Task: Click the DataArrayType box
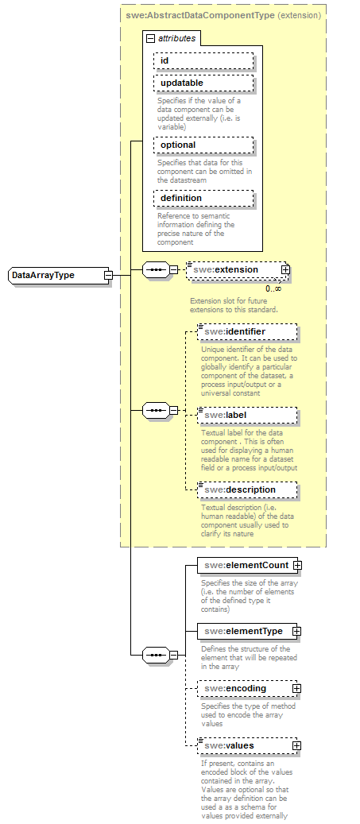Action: (56, 275)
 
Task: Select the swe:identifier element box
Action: (246, 331)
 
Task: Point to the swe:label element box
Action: (246, 415)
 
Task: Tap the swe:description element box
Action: (246, 489)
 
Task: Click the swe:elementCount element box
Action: (245, 565)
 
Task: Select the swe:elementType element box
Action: (245, 631)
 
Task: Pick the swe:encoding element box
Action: (245, 688)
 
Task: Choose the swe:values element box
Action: (245, 745)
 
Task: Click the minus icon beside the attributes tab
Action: (149, 37)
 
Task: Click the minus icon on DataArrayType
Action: (108, 275)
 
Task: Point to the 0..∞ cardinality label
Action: (273, 288)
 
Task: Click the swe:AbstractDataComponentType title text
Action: (199, 14)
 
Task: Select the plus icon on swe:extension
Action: (285, 270)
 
